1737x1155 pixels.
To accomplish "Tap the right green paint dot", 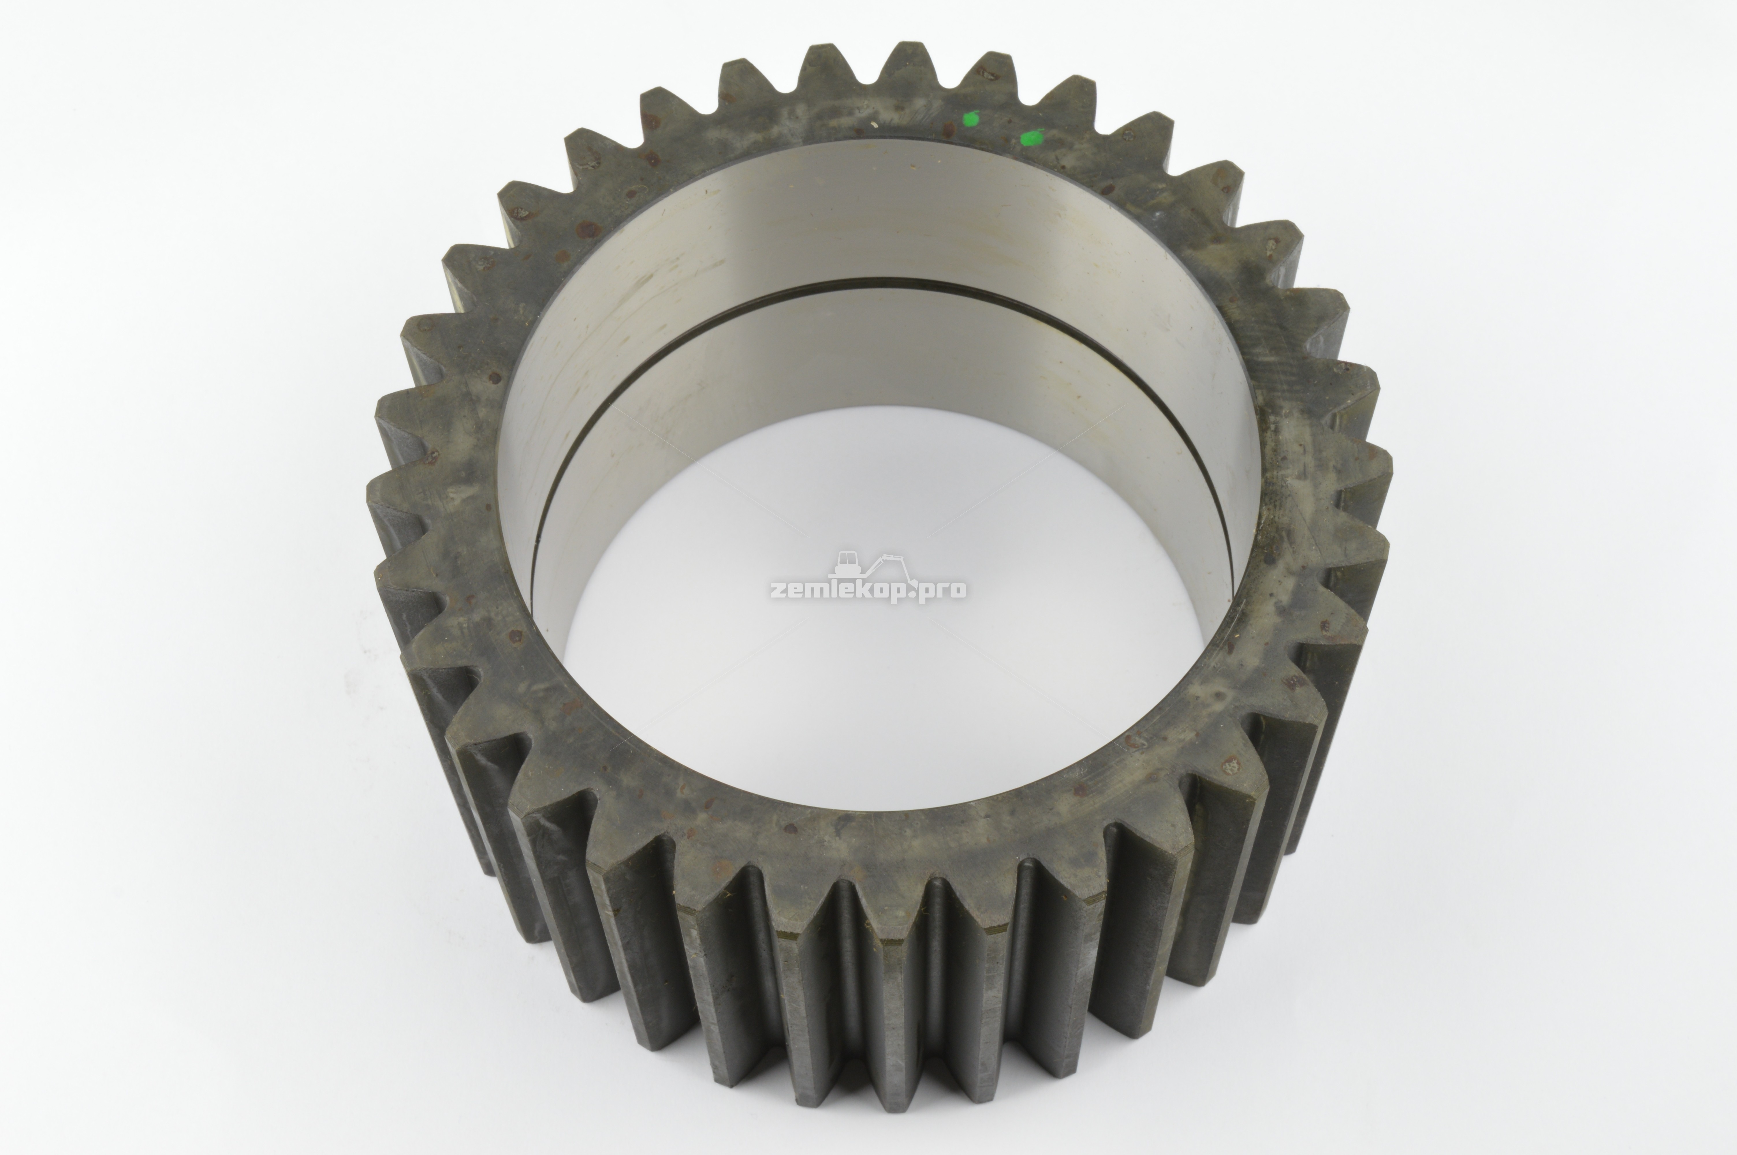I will [1032, 138].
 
